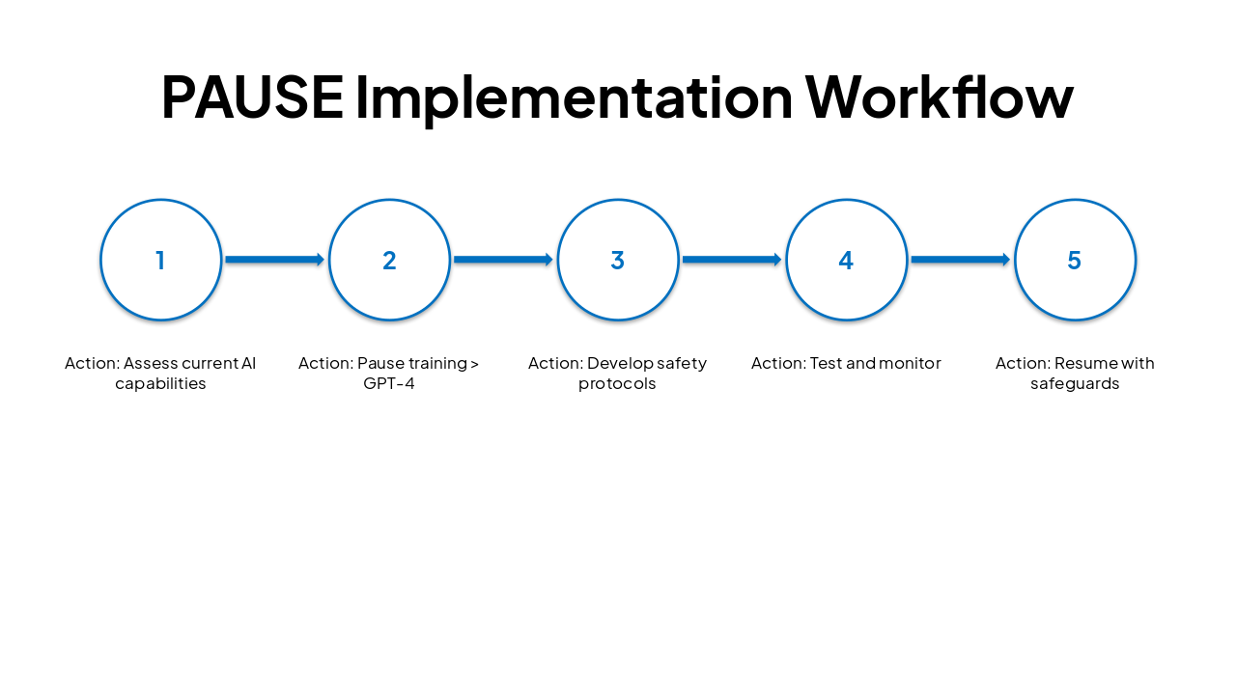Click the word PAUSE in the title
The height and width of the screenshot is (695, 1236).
pos(252,96)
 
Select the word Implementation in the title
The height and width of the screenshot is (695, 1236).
pos(574,96)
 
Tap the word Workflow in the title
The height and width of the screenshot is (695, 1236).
pos(939,96)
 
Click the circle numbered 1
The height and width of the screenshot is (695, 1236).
pos(161,260)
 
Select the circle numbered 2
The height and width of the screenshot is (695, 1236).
pos(389,260)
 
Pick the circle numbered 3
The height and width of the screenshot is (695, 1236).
pos(618,260)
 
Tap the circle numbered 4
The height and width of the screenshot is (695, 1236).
pos(846,260)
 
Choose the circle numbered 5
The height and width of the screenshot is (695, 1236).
pos(1075,260)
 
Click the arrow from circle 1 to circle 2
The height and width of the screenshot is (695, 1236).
pos(274,260)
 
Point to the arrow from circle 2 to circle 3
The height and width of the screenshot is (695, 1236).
pos(503,260)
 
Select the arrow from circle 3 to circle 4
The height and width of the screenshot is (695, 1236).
pos(731,260)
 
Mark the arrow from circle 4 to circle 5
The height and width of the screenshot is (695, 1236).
pos(960,260)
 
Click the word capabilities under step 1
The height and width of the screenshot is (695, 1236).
pos(160,384)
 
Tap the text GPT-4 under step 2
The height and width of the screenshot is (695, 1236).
pos(389,384)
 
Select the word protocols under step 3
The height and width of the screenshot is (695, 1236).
pos(617,384)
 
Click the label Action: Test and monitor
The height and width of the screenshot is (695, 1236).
pos(846,364)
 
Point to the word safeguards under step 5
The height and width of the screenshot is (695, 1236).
pos(1075,384)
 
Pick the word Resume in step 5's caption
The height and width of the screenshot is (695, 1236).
pos(1084,364)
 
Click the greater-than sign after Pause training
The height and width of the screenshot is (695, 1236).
pos(474,364)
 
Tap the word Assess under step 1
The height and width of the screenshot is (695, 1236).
pos(152,364)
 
